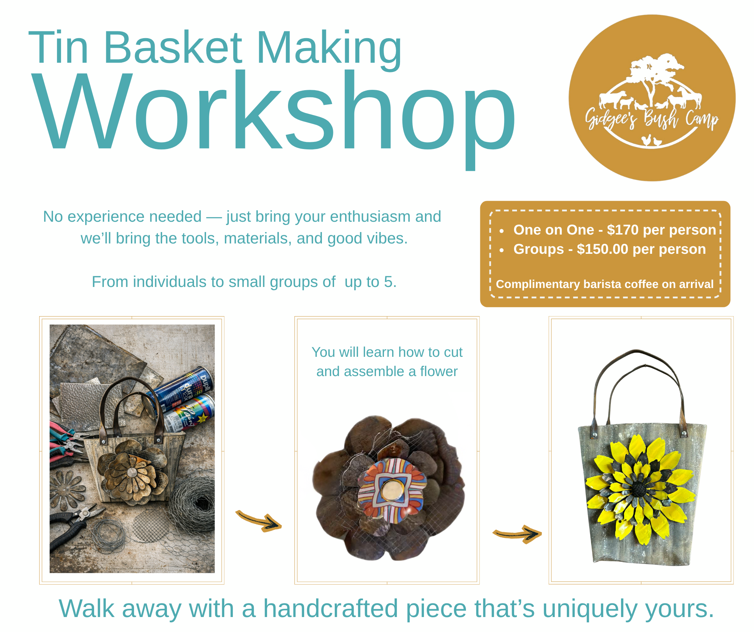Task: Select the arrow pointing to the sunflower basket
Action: tap(517, 534)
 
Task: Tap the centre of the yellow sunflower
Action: tap(640, 489)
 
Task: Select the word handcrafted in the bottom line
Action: tap(331, 609)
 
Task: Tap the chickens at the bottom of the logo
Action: tap(651, 140)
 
